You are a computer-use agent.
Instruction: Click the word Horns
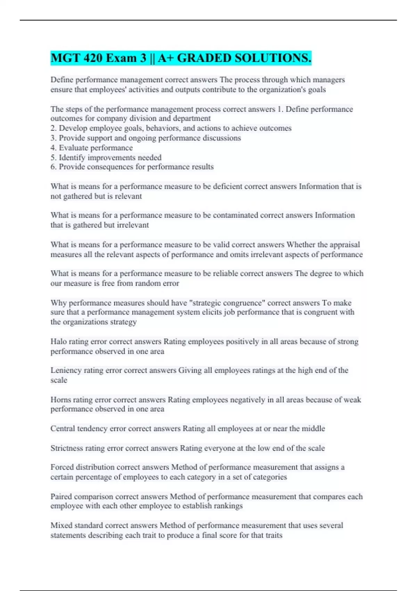[60, 400]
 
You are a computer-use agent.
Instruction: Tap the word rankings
[228, 506]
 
